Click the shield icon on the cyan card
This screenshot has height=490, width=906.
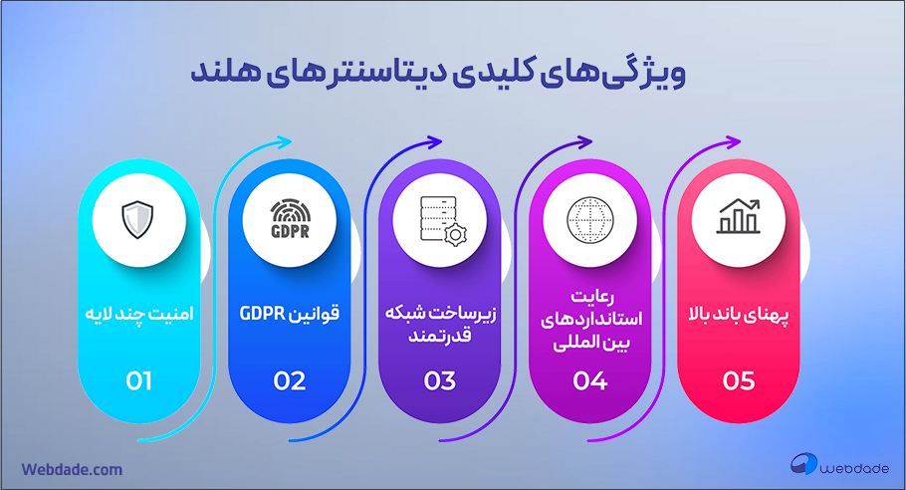pyautogui.click(x=137, y=219)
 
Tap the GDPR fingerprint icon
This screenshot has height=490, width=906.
pyautogui.click(x=290, y=219)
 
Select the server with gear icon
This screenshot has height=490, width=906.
pyautogui.click(x=443, y=221)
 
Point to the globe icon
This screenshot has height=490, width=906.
pyautogui.click(x=590, y=220)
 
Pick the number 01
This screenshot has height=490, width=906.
pyautogui.click(x=138, y=380)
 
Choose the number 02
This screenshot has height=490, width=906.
pyautogui.click(x=290, y=380)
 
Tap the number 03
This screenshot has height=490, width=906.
pyautogui.click(x=440, y=380)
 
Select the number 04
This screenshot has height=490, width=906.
pyautogui.click(x=590, y=380)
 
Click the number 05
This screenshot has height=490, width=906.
pyautogui.click(x=739, y=380)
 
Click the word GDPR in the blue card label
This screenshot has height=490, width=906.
pyautogui.click(x=262, y=314)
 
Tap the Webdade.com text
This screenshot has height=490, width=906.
pyautogui.click(x=72, y=469)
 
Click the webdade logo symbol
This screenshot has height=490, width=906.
pyautogui.click(x=803, y=463)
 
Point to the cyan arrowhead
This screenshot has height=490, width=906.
pyautogui.click(x=285, y=141)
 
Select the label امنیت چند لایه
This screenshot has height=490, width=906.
pyautogui.click(x=138, y=314)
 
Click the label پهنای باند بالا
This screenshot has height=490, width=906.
pyautogui.click(x=739, y=315)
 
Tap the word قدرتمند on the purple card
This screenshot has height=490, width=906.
pyautogui.click(x=440, y=336)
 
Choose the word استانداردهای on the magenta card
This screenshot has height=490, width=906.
pyautogui.click(x=591, y=319)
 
